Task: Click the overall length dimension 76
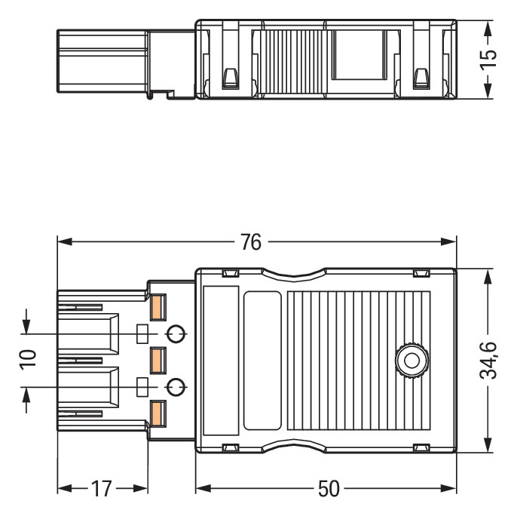pos(251,242)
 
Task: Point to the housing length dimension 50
pos(328,489)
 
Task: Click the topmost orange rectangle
pos(158,307)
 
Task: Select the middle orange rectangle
pos(158,360)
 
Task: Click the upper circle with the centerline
pos(175,333)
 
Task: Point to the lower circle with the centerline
pos(175,387)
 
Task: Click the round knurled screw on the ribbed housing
pos(411,360)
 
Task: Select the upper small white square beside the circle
pos(141,333)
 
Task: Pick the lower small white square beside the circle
pos(141,387)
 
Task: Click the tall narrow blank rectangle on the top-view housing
pos(221,360)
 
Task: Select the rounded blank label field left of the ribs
pos(262,360)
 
